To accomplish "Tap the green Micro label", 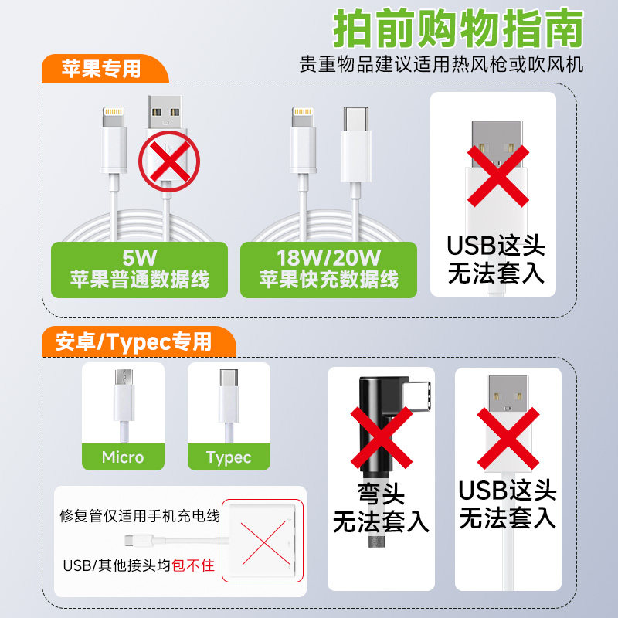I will coord(123,457).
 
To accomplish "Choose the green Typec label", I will coord(229,457).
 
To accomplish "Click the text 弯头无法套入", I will coord(381,508).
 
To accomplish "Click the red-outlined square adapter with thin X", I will coord(262,539).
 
